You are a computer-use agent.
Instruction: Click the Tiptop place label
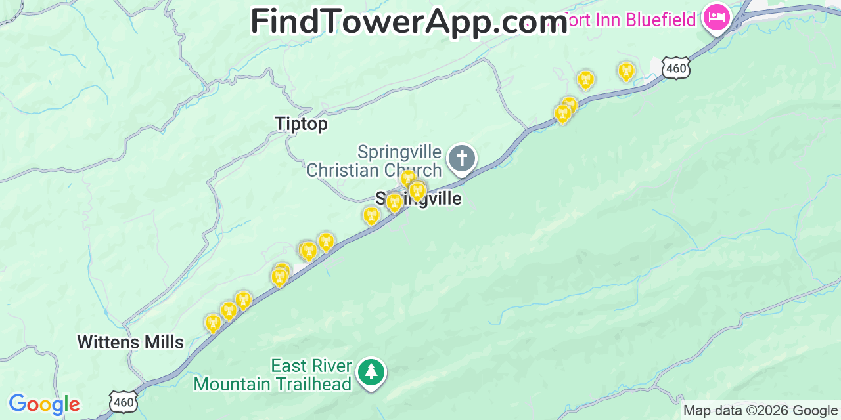pyautogui.click(x=301, y=124)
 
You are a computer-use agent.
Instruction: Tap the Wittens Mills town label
pyautogui.click(x=130, y=342)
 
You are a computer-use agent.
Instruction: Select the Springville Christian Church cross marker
pyautogui.click(x=462, y=159)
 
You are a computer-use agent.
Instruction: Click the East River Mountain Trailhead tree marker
pyautogui.click(x=371, y=372)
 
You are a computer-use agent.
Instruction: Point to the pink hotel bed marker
pyautogui.click(x=716, y=17)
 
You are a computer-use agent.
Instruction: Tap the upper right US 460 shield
pyautogui.click(x=675, y=68)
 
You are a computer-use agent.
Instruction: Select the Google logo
pyautogui.click(x=44, y=404)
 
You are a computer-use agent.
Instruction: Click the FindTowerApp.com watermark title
pyautogui.click(x=409, y=22)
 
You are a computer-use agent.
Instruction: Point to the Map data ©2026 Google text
pyautogui.click(x=761, y=411)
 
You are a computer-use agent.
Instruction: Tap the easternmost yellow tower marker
pyautogui.click(x=626, y=71)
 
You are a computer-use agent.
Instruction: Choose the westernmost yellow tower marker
pyautogui.click(x=213, y=323)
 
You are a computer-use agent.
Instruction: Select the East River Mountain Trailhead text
pyautogui.click(x=273, y=375)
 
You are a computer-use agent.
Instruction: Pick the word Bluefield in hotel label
pyautogui.click(x=660, y=20)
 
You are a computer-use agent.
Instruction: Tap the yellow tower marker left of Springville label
pyautogui.click(x=371, y=215)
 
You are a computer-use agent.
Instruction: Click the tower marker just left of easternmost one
pyautogui.click(x=585, y=79)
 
